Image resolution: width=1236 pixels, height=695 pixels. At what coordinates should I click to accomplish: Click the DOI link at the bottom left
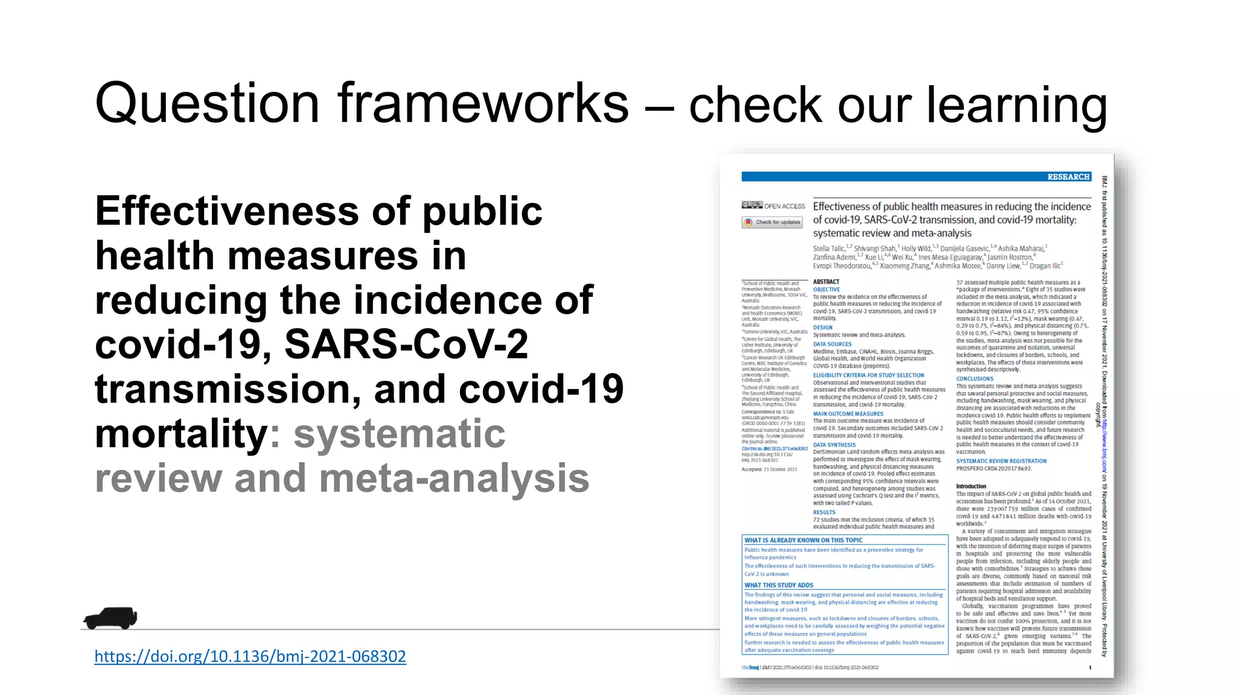pyautogui.click(x=250, y=656)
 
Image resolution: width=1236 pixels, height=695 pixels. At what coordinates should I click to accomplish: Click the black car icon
pyautogui.click(x=110, y=618)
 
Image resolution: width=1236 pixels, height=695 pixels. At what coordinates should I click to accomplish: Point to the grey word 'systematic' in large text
pyautogui.click(x=399, y=434)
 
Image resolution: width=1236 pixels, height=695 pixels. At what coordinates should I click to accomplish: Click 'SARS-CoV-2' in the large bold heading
pyautogui.click(x=406, y=344)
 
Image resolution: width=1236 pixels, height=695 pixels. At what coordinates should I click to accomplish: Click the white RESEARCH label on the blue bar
pyautogui.click(x=1068, y=177)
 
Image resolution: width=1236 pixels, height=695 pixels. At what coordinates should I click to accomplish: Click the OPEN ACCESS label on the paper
pyautogui.click(x=785, y=206)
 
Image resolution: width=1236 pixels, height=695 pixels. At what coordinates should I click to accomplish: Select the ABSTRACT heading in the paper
pyautogui.click(x=826, y=282)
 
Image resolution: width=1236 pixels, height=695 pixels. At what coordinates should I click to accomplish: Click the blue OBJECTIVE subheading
pyautogui.click(x=826, y=290)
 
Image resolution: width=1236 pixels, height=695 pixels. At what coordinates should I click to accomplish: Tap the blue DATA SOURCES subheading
pyautogui.click(x=832, y=344)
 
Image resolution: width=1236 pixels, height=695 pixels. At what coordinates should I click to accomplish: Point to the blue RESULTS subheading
pyautogui.click(x=824, y=512)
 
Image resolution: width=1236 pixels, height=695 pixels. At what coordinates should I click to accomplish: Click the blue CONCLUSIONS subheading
pyautogui.click(x=974, y=379)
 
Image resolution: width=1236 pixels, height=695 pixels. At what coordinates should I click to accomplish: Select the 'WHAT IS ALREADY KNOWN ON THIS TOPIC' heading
pyautogui.click(x=803, y=541)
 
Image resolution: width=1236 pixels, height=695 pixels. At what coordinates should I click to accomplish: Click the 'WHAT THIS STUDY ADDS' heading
pyautogui.click(x=779, y=585)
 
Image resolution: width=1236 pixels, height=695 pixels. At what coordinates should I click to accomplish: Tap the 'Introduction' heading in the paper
pyautogui.click(x=971, y=486)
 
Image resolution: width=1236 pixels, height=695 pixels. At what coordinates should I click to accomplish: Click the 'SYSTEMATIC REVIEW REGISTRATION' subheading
pyautogui.click(x=1001, y=461)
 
